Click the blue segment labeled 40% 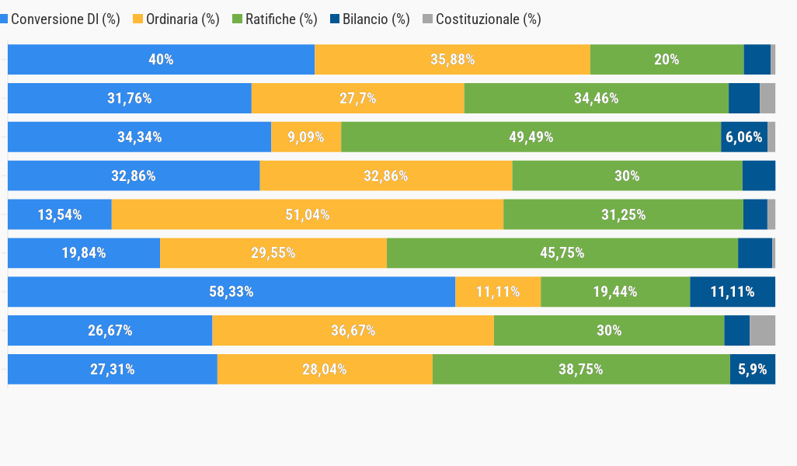161,60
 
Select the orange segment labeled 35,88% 452,60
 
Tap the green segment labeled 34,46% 596,99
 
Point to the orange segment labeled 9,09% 306,137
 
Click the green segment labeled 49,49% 531,137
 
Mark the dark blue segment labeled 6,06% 744,137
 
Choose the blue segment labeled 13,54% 60,215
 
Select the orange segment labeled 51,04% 307,215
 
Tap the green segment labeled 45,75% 562,253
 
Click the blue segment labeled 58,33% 231,292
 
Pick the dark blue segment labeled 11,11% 733,292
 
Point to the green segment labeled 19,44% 615,292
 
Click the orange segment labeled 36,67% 353,331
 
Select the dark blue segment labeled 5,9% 753,370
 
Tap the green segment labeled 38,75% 580,370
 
